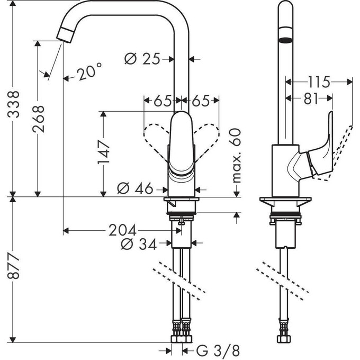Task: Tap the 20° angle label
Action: click(88, 73)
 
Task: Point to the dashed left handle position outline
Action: click(156, 136)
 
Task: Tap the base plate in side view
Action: click(286, 203)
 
